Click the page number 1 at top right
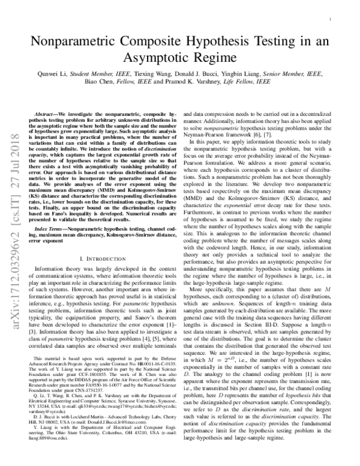click(331, 20)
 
